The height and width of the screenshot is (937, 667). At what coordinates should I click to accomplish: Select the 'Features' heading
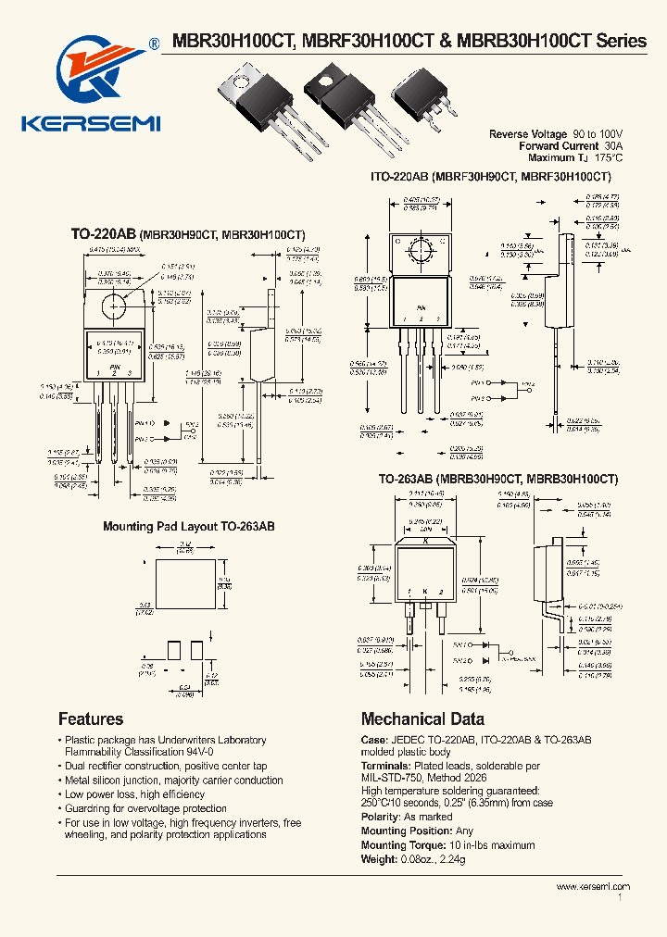click(91, 718)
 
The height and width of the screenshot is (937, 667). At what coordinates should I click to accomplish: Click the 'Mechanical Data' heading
click(422, 718)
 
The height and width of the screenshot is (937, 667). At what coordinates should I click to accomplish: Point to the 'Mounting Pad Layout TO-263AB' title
click(188, 526)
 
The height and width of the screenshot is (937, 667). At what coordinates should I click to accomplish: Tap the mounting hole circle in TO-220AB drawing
click(116, 306)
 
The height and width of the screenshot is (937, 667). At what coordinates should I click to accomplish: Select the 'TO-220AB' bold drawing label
click(104, 236)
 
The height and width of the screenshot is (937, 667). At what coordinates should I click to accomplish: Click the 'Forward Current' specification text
click(559, 146)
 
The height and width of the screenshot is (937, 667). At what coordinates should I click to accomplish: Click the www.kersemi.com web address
click(592, 886)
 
